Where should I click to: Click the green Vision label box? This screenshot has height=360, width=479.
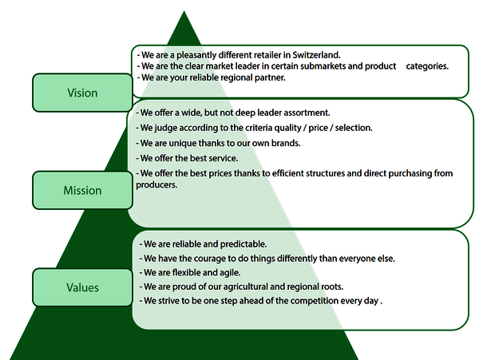coord(82,93)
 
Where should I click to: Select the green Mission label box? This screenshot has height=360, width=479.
coord(82,191)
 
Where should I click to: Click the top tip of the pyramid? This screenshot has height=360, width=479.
coord(184,13)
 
